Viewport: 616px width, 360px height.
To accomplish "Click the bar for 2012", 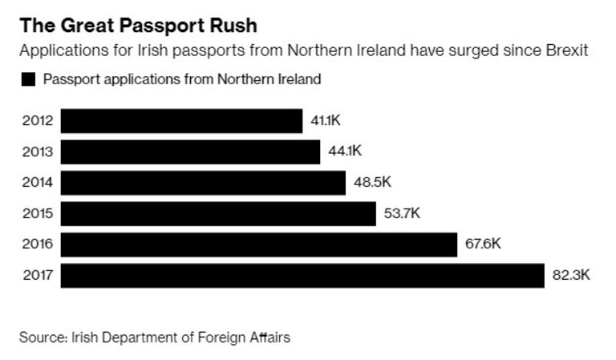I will tap(181, 121).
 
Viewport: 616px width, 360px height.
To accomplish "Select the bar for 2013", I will tap(190, 152).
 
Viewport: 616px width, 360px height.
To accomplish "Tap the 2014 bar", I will tap(203, 183).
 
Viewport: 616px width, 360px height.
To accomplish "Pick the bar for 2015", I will tap(218, 213).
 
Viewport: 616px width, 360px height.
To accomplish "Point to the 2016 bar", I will tap(258, 245).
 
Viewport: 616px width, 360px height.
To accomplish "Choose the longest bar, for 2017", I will tap(302, 275).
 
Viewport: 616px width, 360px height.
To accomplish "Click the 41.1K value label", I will tap(326, 121).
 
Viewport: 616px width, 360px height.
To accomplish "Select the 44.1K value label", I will tap(345, 152).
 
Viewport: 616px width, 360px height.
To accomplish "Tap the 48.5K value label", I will tap(372, 183).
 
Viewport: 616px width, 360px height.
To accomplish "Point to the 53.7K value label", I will tap(402, 213).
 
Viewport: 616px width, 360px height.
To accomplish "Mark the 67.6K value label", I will tap(483, 245).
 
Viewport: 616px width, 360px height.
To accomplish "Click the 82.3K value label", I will tap(571, 275).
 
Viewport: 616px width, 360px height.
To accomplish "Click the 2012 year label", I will tap(38, 121).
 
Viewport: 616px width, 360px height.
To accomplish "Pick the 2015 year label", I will tap(38, 213).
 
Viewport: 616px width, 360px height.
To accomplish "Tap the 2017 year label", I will tap(38, 275).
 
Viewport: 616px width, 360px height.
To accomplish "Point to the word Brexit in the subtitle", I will tap(567, 51).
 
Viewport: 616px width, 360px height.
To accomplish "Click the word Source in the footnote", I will tap(42, 337).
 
